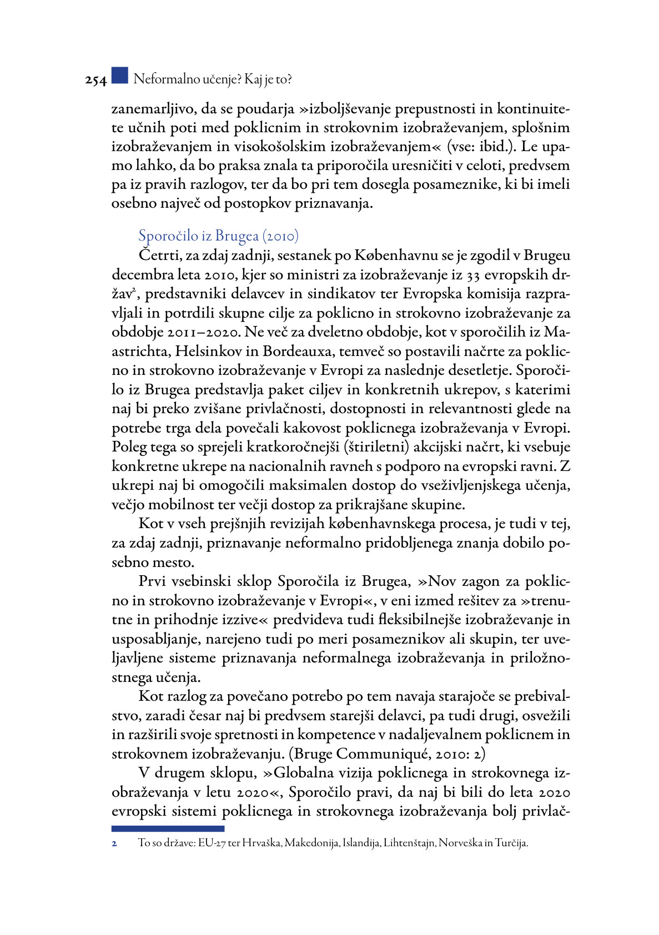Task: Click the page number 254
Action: tap(95, 81)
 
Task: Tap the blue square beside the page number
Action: tap(119, 76)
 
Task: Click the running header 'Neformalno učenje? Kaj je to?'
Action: tap(213, 79)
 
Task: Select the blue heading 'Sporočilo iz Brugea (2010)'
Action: tap(218, 236)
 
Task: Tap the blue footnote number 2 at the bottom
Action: tap(114, 843)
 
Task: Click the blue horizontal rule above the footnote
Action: tap(168, 828)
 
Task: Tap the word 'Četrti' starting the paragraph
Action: tap(157, 255)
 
